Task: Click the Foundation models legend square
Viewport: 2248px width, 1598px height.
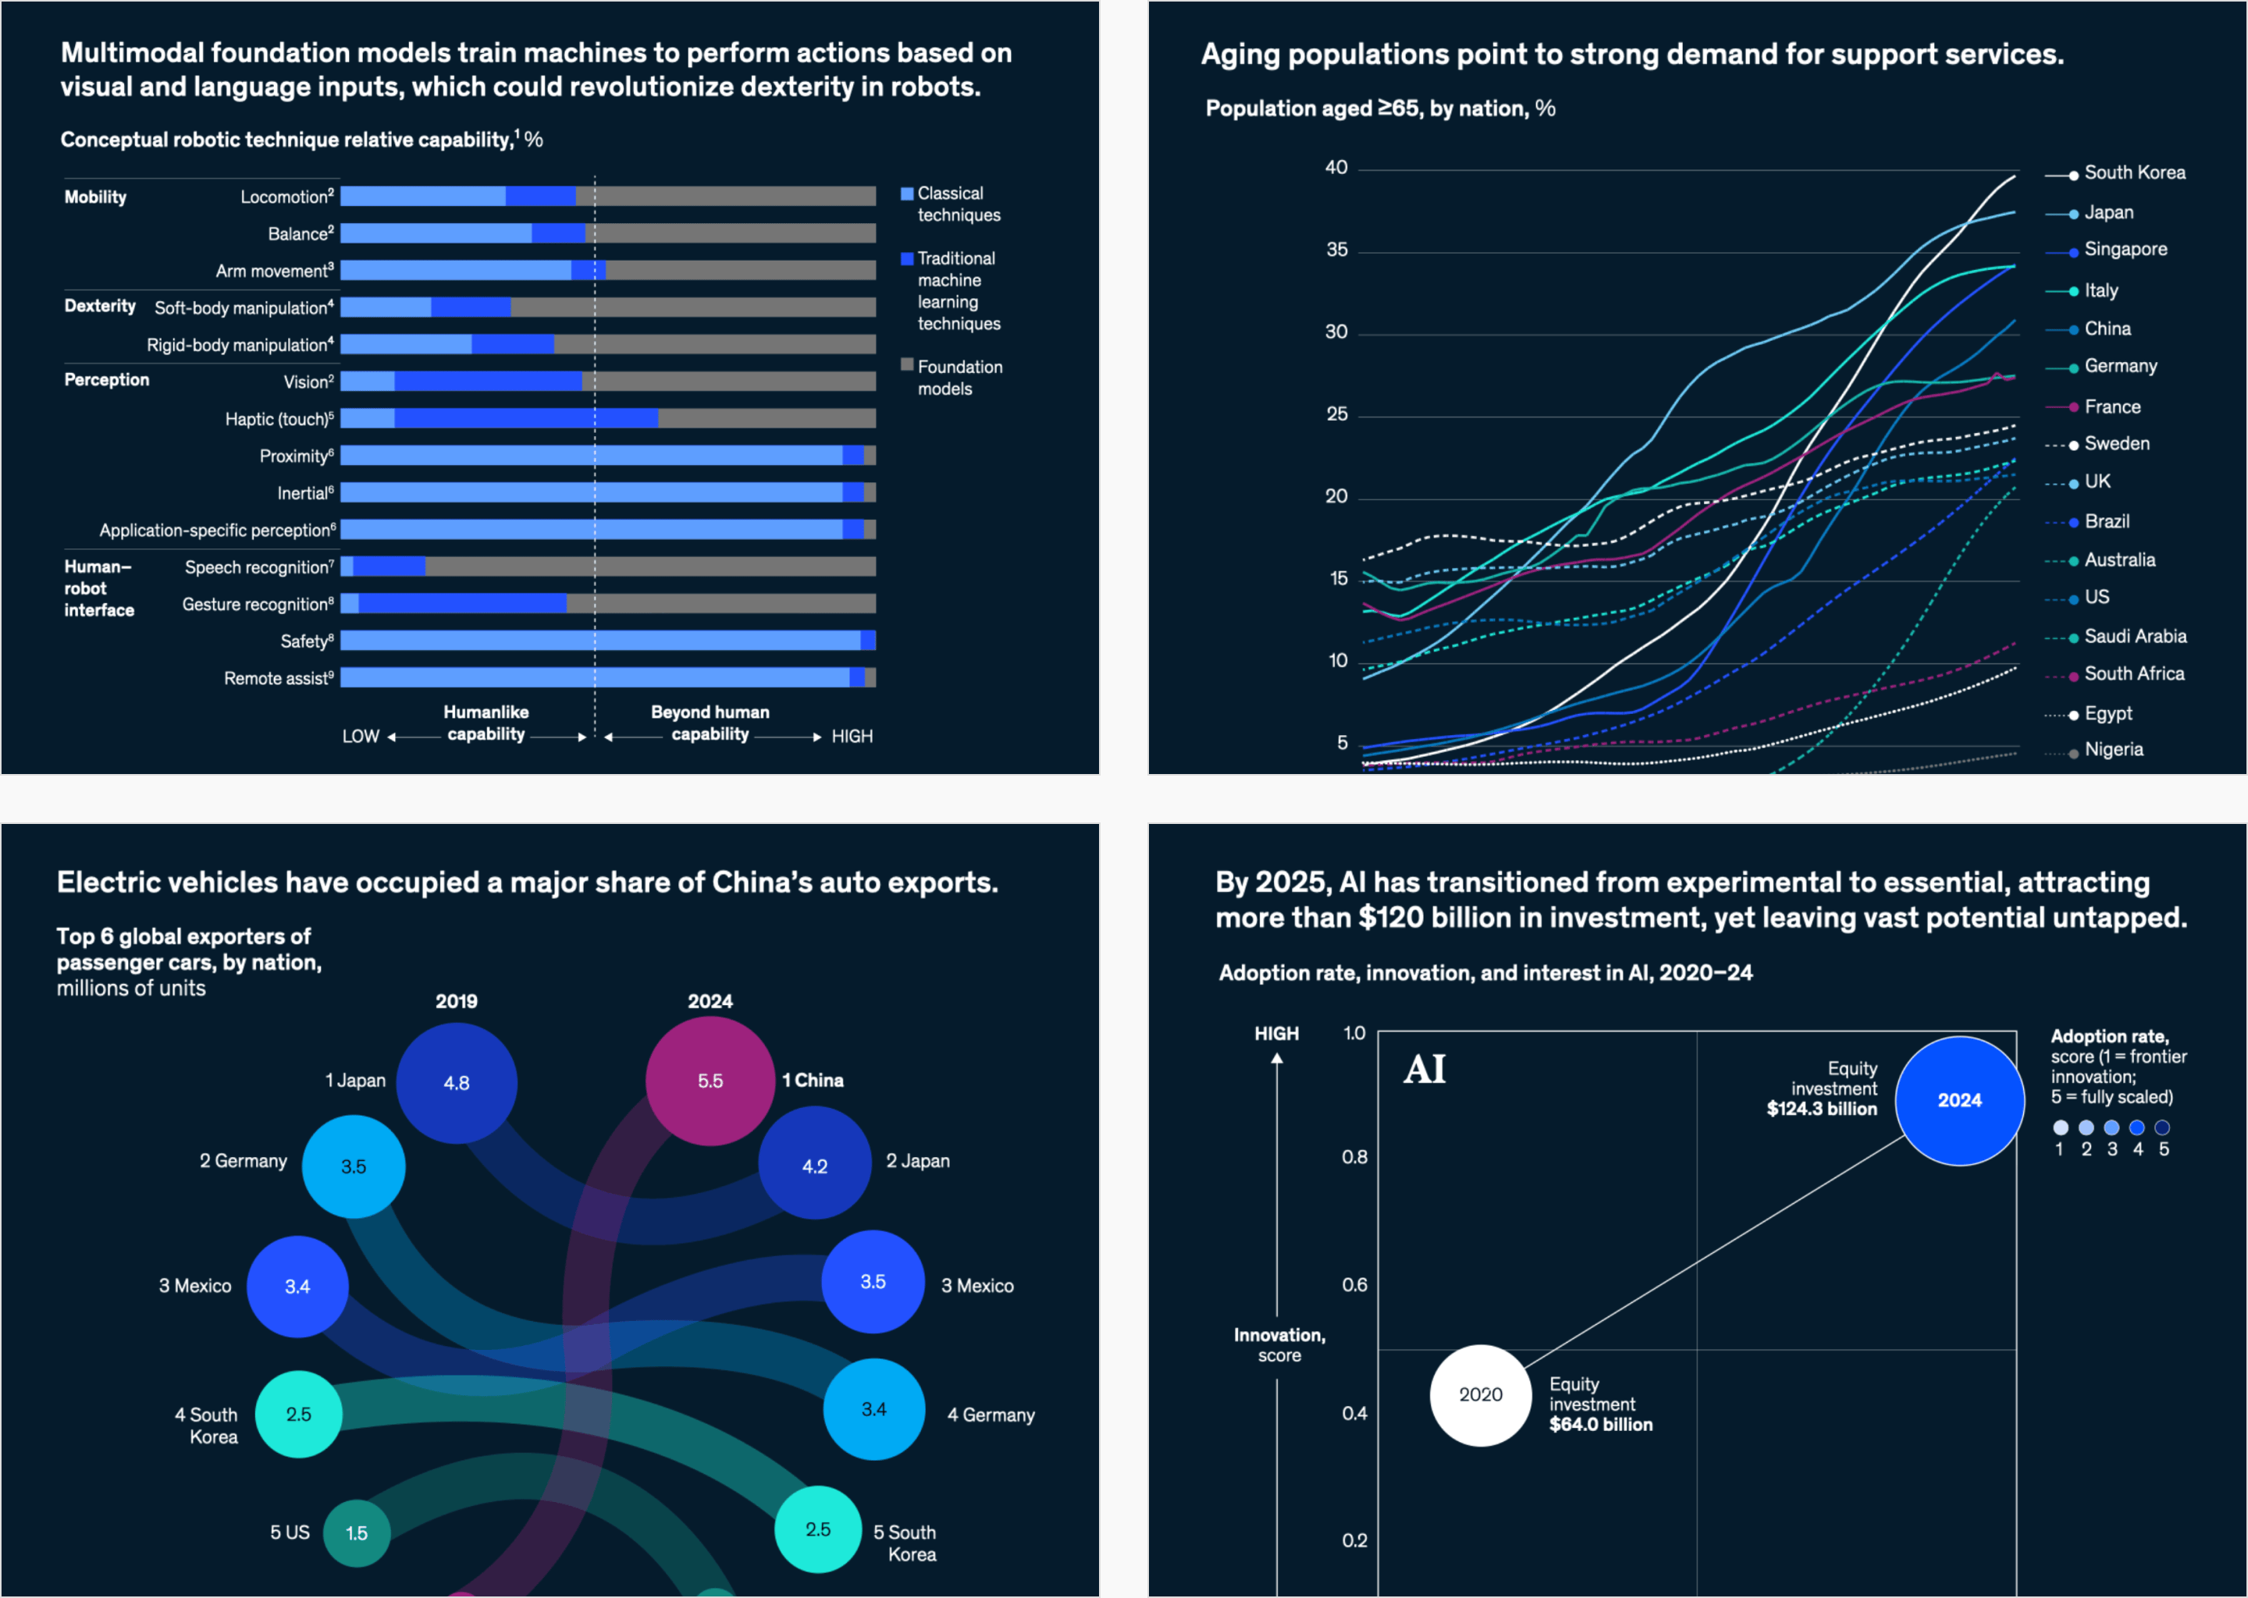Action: pyautogui.click(x=906, y=365)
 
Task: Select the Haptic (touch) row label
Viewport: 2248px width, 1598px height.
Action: pyautogui.click(x=279, y=419)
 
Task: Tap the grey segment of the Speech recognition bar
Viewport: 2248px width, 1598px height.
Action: pyautogui.click(x=649, y=566)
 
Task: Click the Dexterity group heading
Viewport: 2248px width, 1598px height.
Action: pyautogui.click(x=99, y=306)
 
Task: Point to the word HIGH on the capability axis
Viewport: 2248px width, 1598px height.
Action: pyautogui.click(x=852, y=736)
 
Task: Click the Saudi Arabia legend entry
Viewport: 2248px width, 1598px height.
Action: pyautogui.click(x=2134, y=637)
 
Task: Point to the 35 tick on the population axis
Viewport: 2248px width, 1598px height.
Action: pyautogui.click(x=1336, y=250)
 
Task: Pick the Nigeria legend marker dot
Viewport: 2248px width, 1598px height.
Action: pyautogui.click(x=2074, y=754)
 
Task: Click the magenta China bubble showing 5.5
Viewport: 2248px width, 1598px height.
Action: pyautogui.click(x=710, y=1081)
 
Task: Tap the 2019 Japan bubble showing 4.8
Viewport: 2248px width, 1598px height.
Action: pyautogui.click(x=456, y=1082)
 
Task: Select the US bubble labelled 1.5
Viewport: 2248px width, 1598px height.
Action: pyautogui.click(x=356, y=1533)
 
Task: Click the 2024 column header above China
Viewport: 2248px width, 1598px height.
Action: pyautogui.click(x=710, y=1001)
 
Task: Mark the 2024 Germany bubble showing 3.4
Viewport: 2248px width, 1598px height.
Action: pyautogui.click(x=873, y=1409)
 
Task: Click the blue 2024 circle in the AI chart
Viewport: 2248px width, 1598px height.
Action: pyautogui.click(x=1958, y=1100)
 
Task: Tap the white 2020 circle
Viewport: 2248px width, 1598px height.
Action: pyautogui.click(x=1480, y=1394)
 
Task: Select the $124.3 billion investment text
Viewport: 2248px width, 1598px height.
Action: pyautogui.click(x=1821, y=1109)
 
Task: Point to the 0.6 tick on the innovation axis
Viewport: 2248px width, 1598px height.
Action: pyautogui.click(x=1354, y=1285)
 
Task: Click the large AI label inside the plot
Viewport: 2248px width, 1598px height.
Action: pyautogui.click(x=1425, y=1070)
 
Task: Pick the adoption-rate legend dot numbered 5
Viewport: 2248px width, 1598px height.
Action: pyautogui.click(x=2162, y=1127)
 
